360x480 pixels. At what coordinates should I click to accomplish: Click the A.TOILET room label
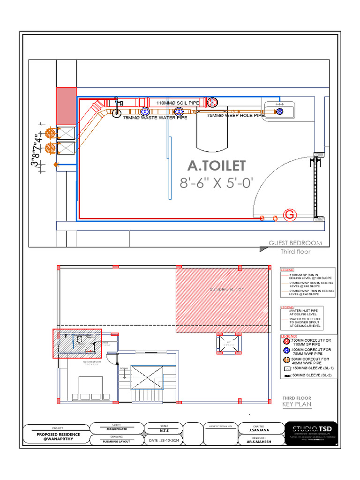click(216, 165)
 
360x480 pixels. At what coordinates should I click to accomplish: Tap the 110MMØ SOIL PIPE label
click(177, 103)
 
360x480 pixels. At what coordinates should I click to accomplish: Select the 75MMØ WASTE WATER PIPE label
click(155, 118)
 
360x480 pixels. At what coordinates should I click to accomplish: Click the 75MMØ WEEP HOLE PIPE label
click(236, 115)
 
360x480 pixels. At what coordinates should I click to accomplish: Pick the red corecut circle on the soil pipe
click(212, 103)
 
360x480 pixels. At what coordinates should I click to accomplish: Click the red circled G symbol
click(290, 215)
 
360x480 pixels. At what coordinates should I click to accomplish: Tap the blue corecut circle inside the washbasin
click(280, 111)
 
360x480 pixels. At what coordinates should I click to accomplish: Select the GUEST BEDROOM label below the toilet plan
click(295, 243)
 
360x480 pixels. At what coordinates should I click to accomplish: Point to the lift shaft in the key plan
click(229, 343)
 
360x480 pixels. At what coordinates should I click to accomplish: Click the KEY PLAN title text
click(296, 404)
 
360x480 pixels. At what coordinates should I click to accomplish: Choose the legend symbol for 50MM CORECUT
click(287, 360)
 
